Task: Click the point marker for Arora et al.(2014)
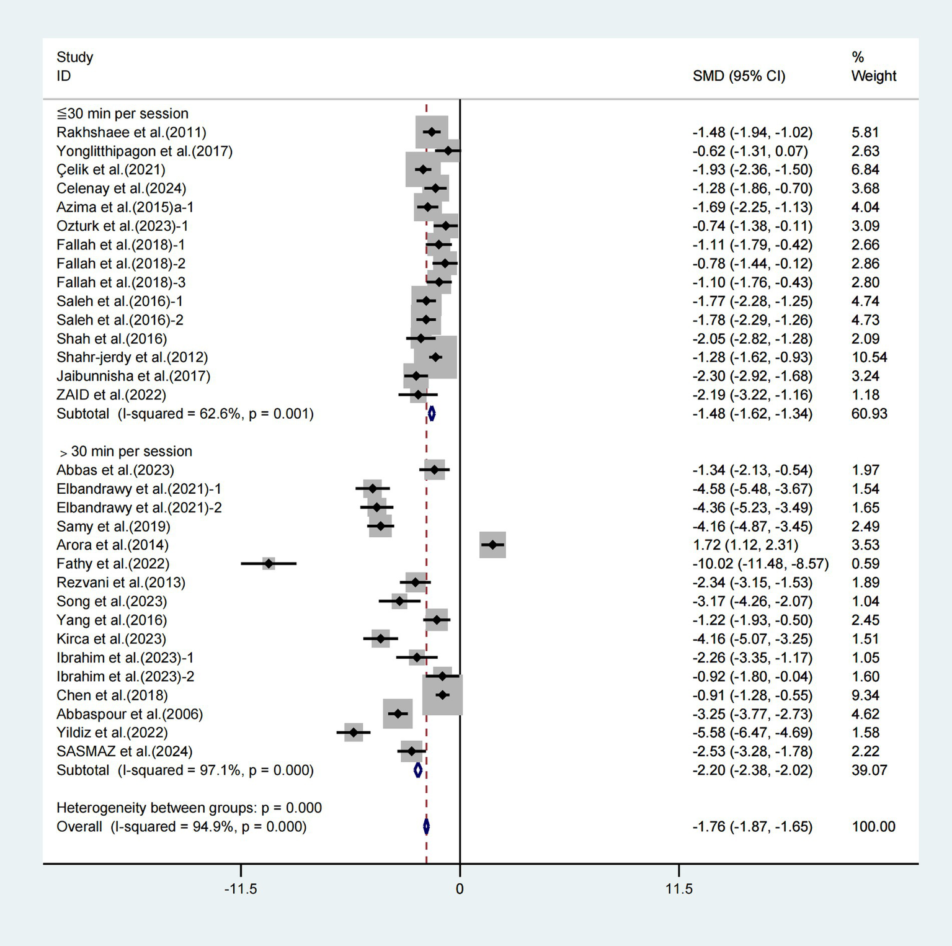point(492,545)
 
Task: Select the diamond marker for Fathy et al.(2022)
point(269,563)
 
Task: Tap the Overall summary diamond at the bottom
point(426,826)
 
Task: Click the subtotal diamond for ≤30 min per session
point(432,413)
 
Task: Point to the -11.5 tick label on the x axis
point(241,889)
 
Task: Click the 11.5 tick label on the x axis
point(678,889)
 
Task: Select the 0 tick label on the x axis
point(460,889)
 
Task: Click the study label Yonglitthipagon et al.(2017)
point(145,151)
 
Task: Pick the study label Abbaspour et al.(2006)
point(130,714)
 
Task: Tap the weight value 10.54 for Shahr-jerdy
point(869,357)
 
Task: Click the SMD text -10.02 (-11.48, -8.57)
point(760,563)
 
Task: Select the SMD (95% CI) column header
point(739,76)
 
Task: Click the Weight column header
point(873,76)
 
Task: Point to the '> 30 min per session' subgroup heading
point(125,451)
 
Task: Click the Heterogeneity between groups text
point(189,808)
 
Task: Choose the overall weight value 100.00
point(873,826)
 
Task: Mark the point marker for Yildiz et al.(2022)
point(354,733)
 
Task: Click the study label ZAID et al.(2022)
point(111,395)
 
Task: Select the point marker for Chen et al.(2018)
point(442,695)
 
